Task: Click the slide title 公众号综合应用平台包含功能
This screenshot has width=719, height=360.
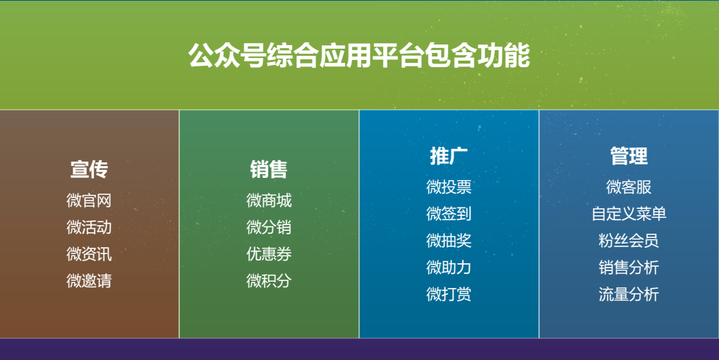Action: (359, 56)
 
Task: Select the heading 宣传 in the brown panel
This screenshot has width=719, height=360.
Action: (89, 169)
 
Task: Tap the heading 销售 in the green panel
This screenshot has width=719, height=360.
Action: (269, 169)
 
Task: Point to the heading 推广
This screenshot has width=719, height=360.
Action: (449, 156)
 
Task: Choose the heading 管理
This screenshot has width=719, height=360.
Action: (629, 156)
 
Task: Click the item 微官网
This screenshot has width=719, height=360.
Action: (89, 200)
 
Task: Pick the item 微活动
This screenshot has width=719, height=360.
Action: (89, 227)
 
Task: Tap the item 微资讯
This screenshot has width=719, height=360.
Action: (89, 253)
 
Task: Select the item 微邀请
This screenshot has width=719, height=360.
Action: (89, 280)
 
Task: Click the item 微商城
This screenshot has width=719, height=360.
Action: (269, 200)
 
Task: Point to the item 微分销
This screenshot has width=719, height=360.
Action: (269, 227)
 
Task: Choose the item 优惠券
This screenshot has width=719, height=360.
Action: (269, 253)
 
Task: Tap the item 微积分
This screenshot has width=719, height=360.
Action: (269, 280)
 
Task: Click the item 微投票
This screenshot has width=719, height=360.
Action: (449, 187)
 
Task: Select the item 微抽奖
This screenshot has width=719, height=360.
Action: (449, 240)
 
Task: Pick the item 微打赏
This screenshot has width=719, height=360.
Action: (449, 294)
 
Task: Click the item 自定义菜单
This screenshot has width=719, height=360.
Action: (629, 214)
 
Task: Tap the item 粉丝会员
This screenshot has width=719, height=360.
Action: (629, 240)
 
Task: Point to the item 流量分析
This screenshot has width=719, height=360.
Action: (629, 294)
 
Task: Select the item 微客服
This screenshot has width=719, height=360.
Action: (629, 187)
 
